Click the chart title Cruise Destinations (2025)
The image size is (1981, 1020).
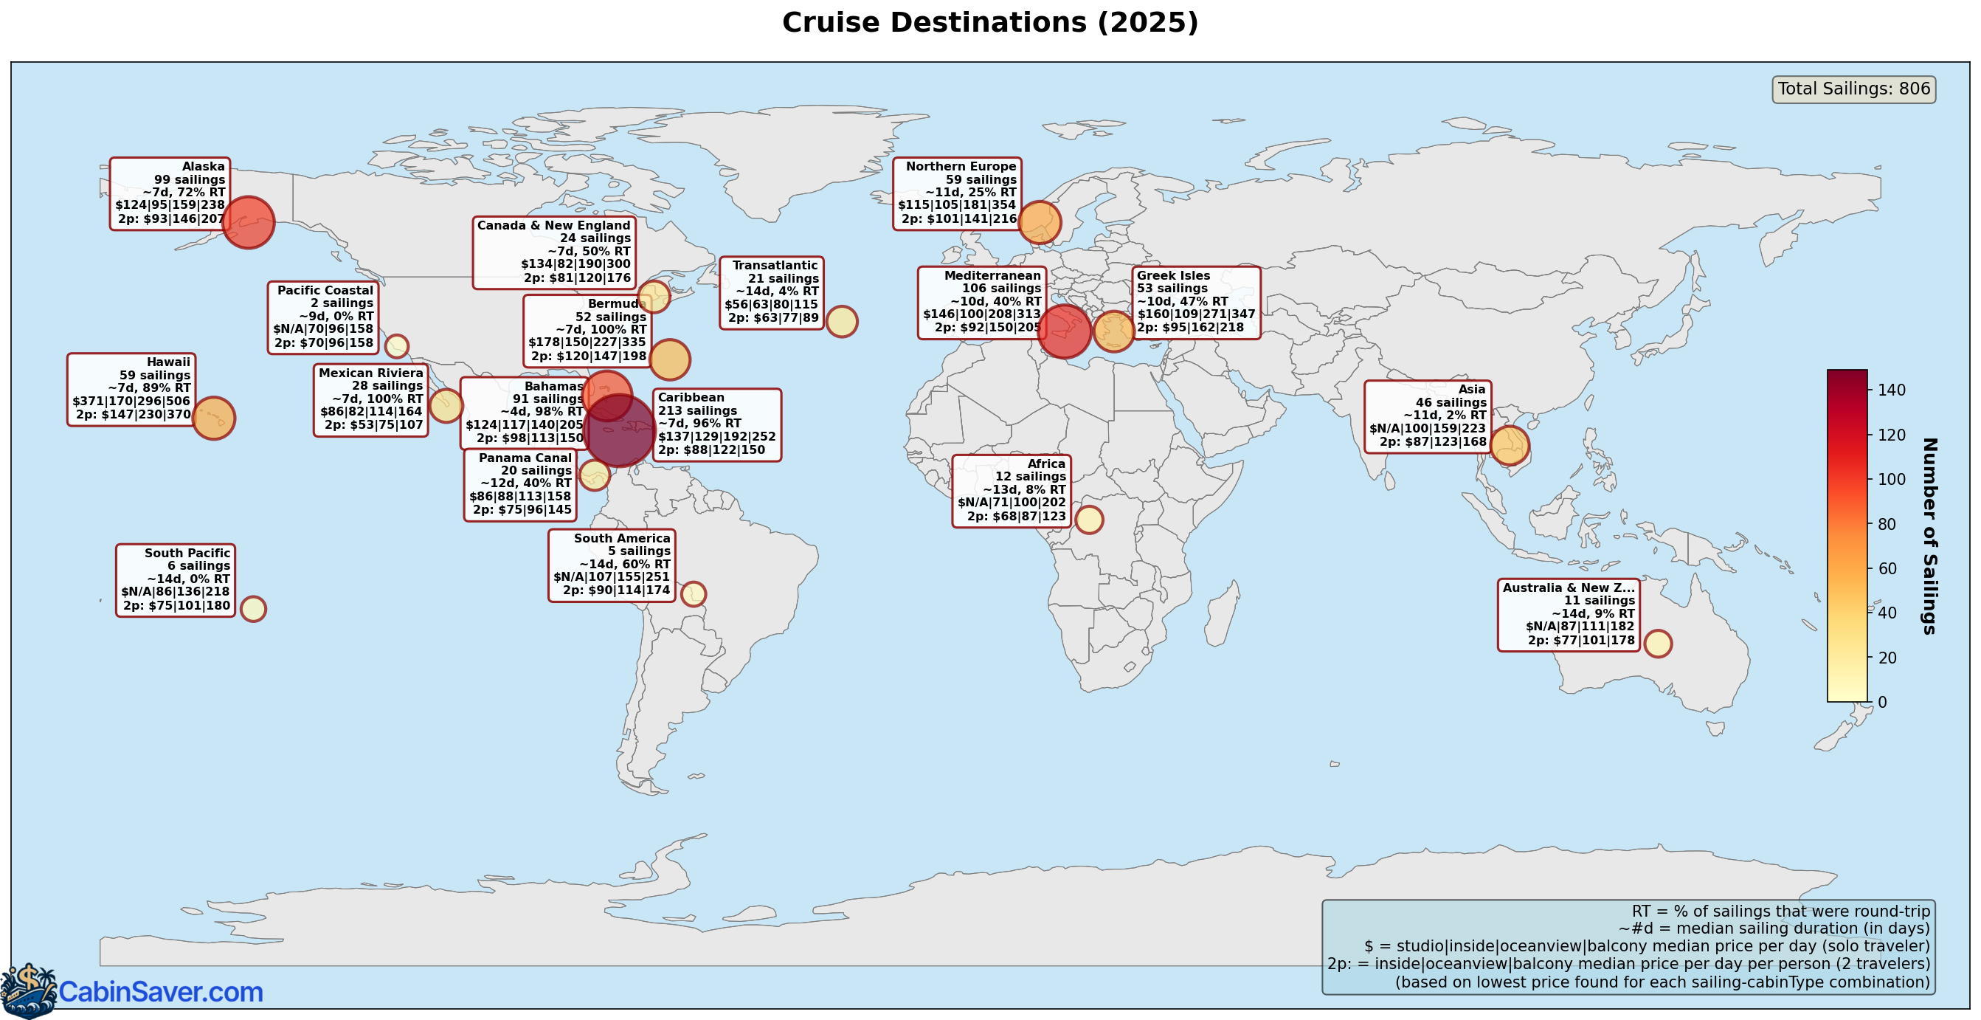point(989,23)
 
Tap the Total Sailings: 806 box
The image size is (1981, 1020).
point(1853,89)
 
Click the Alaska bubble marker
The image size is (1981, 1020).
point(248,222)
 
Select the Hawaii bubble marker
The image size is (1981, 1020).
point(213,418)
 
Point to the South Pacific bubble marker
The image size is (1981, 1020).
point(253,608)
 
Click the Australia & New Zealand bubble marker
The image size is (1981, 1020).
point(1657,643)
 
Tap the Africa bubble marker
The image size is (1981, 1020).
point(1089,520)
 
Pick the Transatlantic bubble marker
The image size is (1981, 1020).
point(841,322)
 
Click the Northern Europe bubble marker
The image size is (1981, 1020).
point(1039,222)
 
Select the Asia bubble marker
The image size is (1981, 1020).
point(1509,445)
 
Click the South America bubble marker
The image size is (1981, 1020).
point(693,594)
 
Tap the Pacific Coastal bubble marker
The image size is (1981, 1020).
point(396,346)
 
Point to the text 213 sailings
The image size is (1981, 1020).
point(696,411)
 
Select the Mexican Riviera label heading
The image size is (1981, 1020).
point(370,373)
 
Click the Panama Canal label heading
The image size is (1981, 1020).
point(525,458)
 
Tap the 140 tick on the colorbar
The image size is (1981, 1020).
point(1891,390)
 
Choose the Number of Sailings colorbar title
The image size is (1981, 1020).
point(1928,535)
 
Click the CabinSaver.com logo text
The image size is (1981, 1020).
point(161,992)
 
